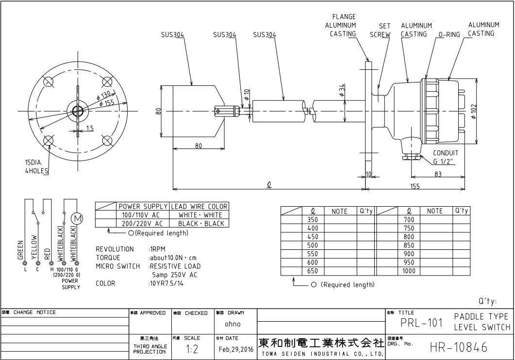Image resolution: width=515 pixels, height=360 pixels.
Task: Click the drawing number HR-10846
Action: click(x=458, y=347)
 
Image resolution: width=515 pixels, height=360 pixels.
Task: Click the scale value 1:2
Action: click(x=192, y=349)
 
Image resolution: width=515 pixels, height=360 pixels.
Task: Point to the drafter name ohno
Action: click(x=233, y=324)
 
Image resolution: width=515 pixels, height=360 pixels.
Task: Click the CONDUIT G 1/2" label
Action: click(x=445, y=157)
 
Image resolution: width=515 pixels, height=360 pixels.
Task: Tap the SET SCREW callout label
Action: click(x=380, y=30)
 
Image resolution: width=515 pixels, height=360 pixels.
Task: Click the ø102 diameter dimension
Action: click(x=474, y=113)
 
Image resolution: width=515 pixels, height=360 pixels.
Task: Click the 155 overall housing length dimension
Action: click(x=415, y=186)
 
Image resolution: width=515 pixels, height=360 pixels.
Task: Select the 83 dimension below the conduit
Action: click(x=438, y=174)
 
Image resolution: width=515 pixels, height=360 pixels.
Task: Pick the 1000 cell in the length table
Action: click(x=409, y=271)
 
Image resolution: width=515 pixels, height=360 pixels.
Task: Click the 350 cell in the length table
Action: click(x=313, y=219)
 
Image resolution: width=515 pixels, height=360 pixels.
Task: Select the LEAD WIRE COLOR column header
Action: click(x=199, y=206)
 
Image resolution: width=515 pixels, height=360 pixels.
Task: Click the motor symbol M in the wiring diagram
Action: click(x=77, y=219)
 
